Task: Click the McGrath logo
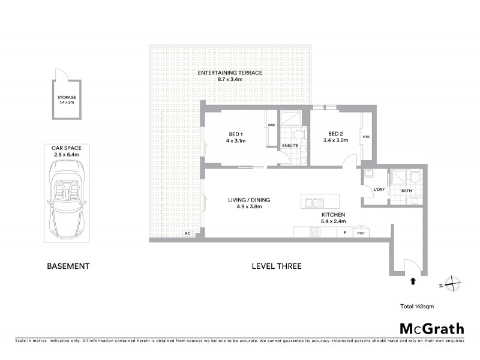point(431,328)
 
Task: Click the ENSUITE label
point(291,145)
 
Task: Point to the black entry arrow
point(412,280)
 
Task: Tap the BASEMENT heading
point(68,266)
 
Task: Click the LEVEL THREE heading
point(277,266)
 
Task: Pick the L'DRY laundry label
point(379,190)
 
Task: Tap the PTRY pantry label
point(361,233)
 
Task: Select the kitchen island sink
point(314,201)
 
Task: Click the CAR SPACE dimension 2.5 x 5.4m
point(67,154)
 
